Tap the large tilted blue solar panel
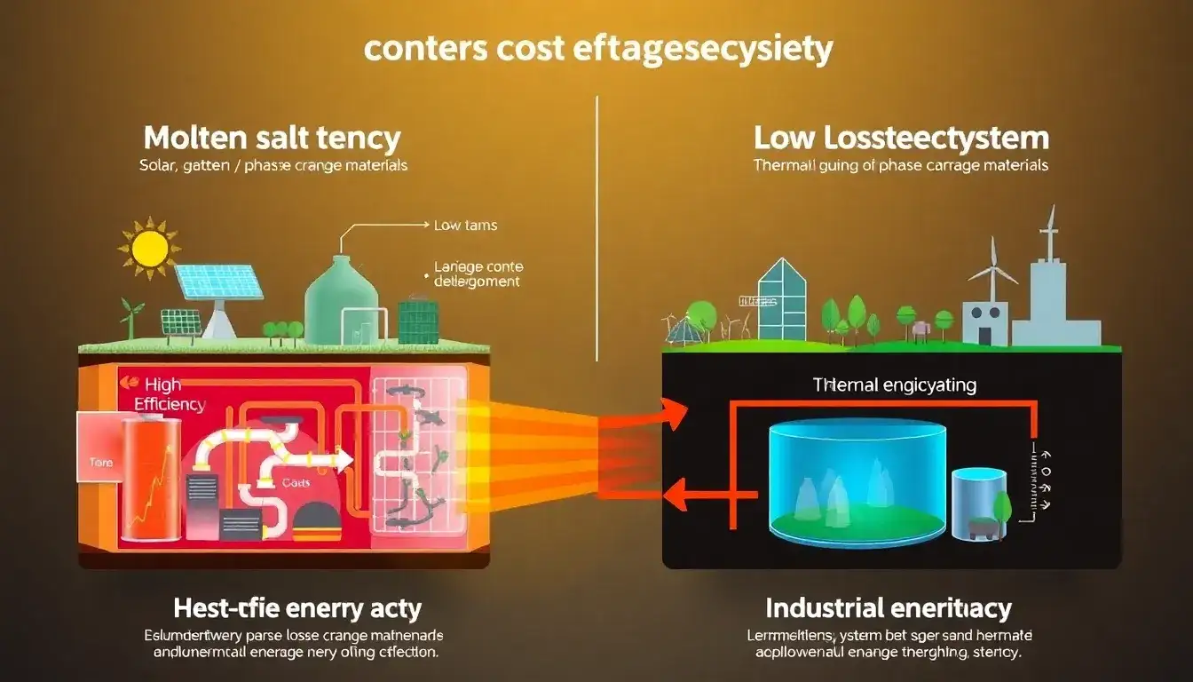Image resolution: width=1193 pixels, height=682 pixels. pos(218,282)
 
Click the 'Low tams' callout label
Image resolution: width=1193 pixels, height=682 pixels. pos(465,226)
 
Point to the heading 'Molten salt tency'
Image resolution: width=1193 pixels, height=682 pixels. pos(272,139)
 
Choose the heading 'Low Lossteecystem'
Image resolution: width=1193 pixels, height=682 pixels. pos(901,139)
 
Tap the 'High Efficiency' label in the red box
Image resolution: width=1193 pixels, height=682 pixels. pos(169,394)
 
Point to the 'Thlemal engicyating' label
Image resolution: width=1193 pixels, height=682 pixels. pos(894,385)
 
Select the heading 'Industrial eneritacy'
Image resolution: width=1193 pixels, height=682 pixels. pos(889,609)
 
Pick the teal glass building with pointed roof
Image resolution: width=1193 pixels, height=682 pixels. pos(782,302)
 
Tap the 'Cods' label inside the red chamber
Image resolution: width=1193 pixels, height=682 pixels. pos(296,483)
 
